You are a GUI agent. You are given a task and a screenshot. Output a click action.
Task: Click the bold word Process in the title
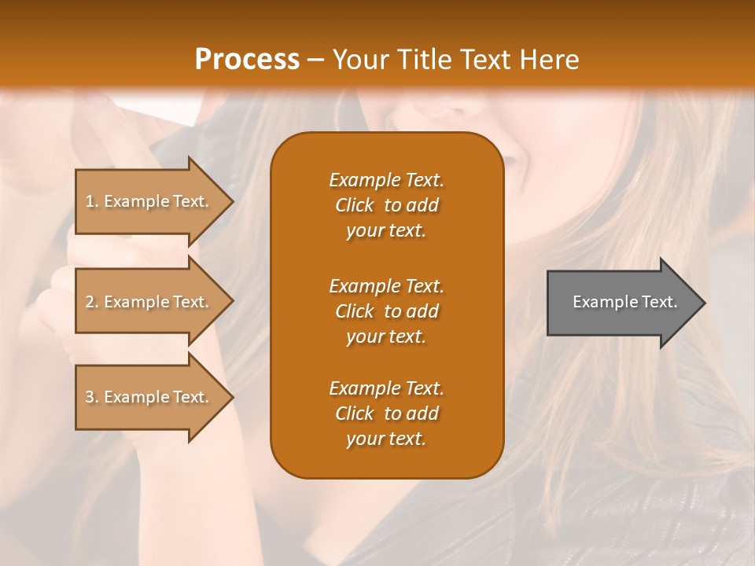(247, 60)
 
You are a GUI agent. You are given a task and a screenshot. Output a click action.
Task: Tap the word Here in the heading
(549, 60)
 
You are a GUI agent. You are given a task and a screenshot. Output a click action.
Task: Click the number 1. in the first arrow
(92, 201)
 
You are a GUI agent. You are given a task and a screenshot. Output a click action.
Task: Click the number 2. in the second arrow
(92, 302)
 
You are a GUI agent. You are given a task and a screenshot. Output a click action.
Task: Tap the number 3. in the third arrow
(92, 397)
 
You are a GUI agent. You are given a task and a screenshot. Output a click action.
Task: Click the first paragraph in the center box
(386, 205)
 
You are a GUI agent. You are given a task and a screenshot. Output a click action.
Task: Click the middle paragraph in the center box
(386, 311)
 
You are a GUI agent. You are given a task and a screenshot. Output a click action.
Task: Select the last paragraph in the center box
(386, 413)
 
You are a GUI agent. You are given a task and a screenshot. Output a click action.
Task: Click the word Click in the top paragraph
(355, 205)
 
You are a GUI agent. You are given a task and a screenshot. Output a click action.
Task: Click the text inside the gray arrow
(624, 302)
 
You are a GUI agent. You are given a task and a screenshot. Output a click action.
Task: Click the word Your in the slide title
(358, 60)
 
